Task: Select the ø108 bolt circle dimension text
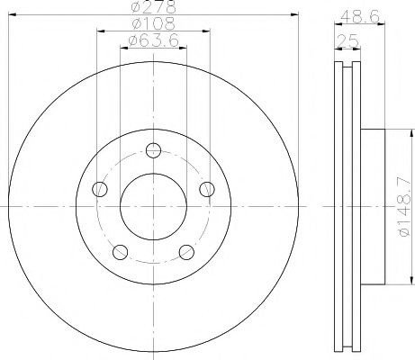[x=153, y=23]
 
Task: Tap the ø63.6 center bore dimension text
[x=153, y=40]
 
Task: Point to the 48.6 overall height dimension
[x=360, y=16]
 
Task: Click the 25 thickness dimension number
[x=348, y=40]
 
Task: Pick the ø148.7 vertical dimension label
[x=403, y=207]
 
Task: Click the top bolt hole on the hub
[x=153, y=150]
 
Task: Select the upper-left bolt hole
[x=100, y=189]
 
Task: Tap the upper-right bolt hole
[x=207, y=189]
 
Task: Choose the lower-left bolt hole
[x=120, y=252]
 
